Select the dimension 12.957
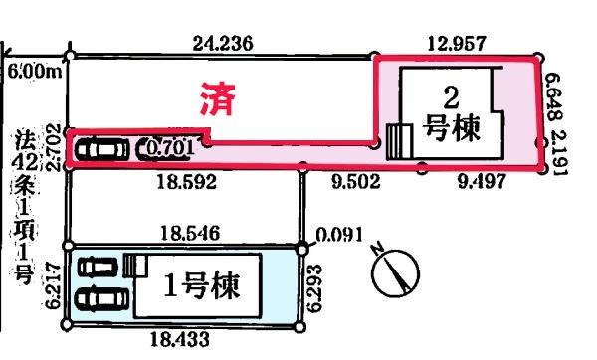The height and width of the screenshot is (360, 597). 455,43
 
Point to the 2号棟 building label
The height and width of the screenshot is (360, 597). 452,112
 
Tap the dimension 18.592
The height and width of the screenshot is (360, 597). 179,182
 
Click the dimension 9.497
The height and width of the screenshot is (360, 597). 480,182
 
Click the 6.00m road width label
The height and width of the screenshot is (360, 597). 32,71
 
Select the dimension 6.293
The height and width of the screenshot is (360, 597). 316,289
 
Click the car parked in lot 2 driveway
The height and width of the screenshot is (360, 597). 101,150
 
